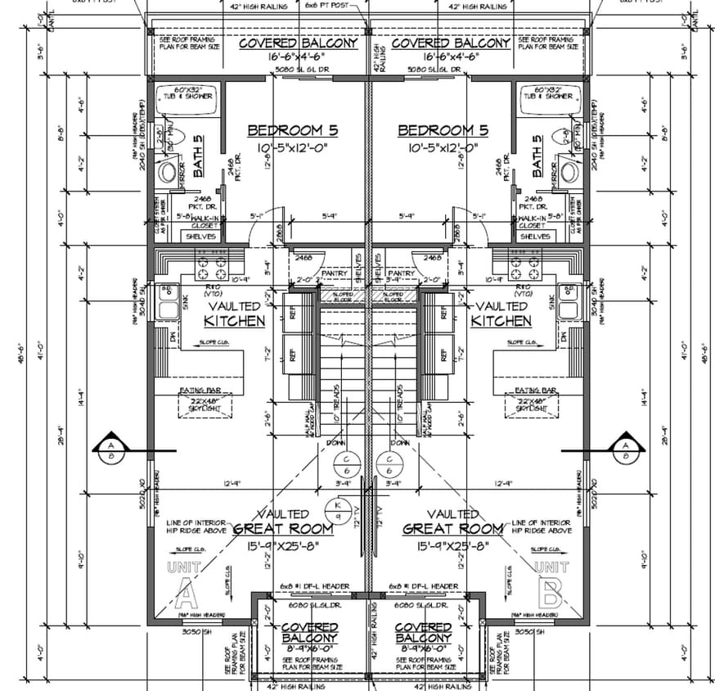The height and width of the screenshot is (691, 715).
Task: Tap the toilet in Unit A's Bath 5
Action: (167, 171)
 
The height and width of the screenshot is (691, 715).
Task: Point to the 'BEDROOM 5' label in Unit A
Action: (292, 130)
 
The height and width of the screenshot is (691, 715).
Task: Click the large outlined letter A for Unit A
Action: (184, 586)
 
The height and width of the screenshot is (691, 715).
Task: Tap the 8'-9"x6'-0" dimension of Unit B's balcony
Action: (423, 648)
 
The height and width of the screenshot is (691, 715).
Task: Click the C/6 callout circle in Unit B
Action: (388, 464)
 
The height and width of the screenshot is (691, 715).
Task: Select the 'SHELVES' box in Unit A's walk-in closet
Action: (200, 236)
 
